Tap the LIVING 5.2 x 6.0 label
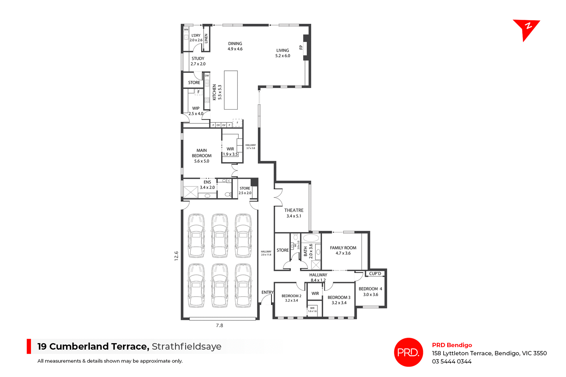click(x=282, y=53)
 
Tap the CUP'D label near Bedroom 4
click(x=375, y=274)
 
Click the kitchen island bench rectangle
click(x=231, y=90)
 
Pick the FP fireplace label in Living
click(x=301, y=47)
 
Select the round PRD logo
click(x=408, y=352)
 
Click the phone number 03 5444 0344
click(x=452, y=362)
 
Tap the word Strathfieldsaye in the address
click(x=186, y=347)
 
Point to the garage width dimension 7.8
click(x=219, y=325)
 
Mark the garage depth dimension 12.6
click(x=176, y=256)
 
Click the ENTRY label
click(x=267, y=292)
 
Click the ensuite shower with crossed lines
click(x=191, y=192)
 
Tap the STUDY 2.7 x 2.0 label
click(x=198, y=61)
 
